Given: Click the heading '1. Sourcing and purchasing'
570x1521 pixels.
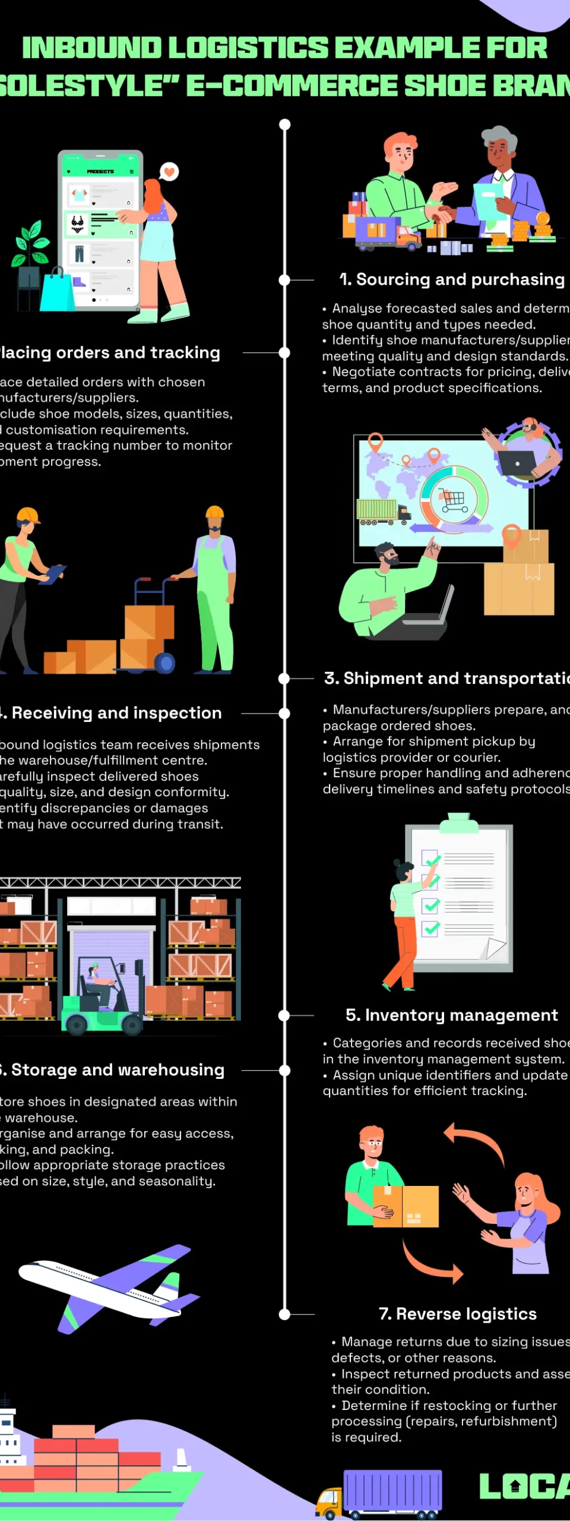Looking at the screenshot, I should click(451, 279).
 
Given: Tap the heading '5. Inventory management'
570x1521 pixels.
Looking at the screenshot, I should click(451, 1015).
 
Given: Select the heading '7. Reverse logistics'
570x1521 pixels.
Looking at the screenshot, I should click(457, 1314).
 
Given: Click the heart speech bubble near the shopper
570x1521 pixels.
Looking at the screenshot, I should click(169, 172).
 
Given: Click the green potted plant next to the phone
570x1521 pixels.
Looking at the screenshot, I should click(31, 244).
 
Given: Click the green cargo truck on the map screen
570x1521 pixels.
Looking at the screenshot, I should click(380, 511).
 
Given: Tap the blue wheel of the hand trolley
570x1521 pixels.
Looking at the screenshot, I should click(164, 662).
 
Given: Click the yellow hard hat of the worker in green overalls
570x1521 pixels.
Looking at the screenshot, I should click(214, 512).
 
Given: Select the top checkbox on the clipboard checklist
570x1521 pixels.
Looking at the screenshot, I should click(429, 857).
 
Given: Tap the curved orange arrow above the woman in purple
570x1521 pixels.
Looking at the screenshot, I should click(475, 1140).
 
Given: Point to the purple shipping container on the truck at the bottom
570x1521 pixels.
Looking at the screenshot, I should click(393, 1490).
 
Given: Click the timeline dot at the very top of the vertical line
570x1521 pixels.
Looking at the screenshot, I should click(285, 124).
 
